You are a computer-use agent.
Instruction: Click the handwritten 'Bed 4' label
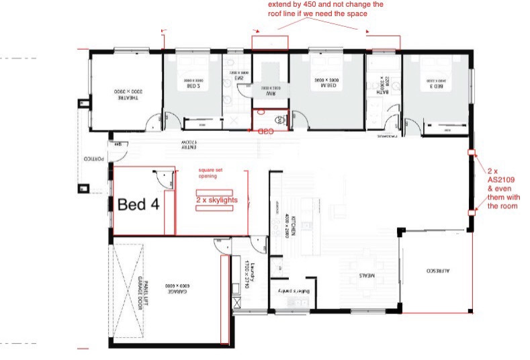138,204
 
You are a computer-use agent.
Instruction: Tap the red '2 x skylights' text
216,200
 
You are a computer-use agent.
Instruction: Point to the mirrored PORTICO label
87,159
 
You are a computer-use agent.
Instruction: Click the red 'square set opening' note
213,174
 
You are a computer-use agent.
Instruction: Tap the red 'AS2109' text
500,180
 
